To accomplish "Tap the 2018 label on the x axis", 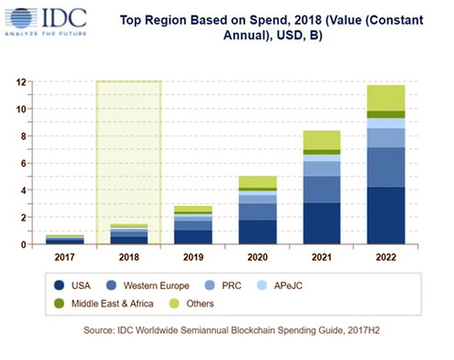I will click(x=129, y=258).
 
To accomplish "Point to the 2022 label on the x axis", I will click(x=386, y=258).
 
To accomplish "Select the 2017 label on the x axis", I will click(x=65, y=258).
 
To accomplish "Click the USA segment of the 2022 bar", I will click(x=386, y=216).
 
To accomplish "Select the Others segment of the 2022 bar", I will click(x=386, y=98).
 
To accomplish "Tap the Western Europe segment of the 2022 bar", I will click(x=386, y=167).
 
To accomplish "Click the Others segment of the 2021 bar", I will click(x=321, y=140).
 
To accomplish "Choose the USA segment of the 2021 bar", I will click(x=321, y=223).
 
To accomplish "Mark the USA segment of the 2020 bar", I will click(x=258, y=232).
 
